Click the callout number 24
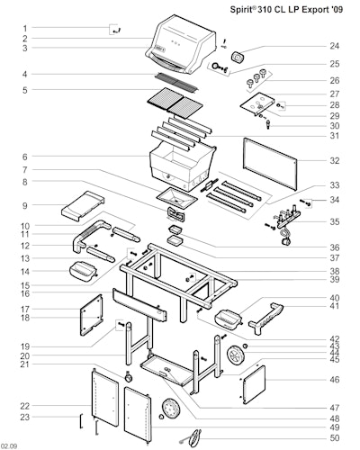(335, 46)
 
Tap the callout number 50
(335, 438)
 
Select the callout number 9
(25, 206)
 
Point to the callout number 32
(335, 160)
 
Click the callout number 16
(25, 293)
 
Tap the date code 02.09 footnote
(9, 446)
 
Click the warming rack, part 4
(177, 82)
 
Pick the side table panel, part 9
(84, 206)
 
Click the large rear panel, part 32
(270, 165)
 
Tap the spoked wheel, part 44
(236, 355)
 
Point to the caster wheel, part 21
(128, 377)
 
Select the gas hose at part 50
(193, 437)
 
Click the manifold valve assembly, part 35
(286, 222)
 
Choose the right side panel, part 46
(254, 384)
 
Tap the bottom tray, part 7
(177, 198)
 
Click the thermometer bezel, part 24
(238, 58)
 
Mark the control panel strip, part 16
(139, 305)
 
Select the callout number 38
(335, 271)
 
